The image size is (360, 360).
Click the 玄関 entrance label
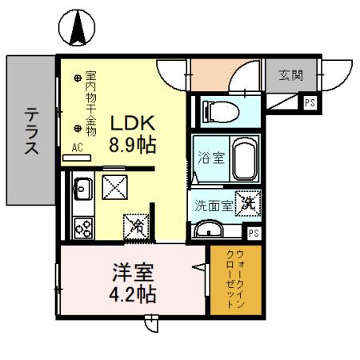pyautogui.click(x=290, y=76)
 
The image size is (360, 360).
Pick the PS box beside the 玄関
pyautogui.click(x=310, y=102)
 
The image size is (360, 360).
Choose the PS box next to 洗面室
pyautogui.click(x=253, y=233)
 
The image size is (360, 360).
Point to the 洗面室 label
pyautogui.click(x=214, y=205)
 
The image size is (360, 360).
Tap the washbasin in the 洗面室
pyautogui.click(x=210, y=230)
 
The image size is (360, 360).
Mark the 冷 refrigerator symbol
pyautogui.click(x=137, y=226)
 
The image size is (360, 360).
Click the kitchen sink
pyautogui.click(x=82, y=191)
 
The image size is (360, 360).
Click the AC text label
pyautogui.click(x=78, y=147)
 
